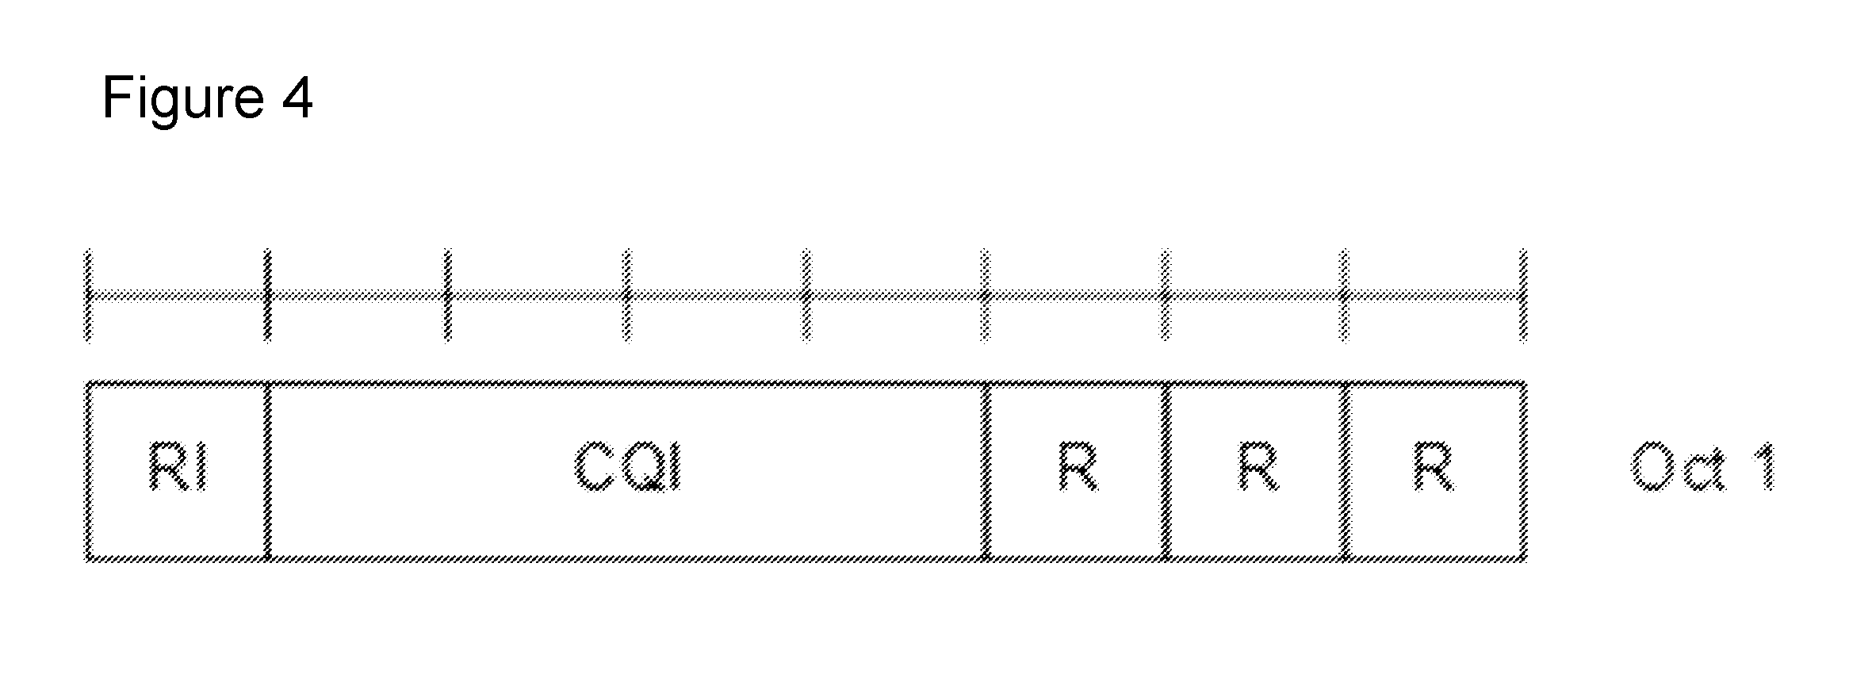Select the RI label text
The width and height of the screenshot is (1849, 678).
tap(178, 466)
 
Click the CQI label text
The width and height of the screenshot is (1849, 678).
tap(627, 466)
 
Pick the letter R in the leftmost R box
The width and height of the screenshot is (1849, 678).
tap(1078, 466)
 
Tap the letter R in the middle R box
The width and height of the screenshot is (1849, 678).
tap(1258, 466)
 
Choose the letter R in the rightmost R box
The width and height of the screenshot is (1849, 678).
tap(1434, 466)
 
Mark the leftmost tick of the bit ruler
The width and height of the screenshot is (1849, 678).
tap(87, 296)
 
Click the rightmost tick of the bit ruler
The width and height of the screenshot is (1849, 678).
tap(1522, 296)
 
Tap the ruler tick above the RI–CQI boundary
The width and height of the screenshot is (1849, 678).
tap(267, 296)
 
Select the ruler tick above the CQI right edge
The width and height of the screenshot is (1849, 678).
tap(986, 296)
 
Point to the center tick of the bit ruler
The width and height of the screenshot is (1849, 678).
tap(806, 296)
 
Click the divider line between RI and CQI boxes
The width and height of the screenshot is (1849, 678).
tap(267, 472)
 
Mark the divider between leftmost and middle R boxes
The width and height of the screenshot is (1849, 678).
tap(1166, 472)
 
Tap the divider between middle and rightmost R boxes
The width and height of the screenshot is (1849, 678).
tap(1345, 472)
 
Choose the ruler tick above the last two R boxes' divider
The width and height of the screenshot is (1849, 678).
tap(1344, 296)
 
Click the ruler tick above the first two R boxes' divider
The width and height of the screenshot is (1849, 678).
tap(1166, 296)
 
